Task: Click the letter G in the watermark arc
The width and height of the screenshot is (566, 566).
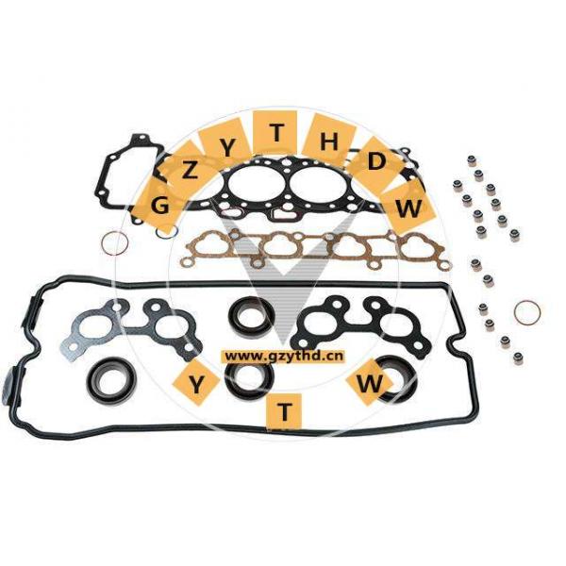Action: [x=159, y=205]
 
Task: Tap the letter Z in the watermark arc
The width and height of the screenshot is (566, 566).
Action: [x=191, y=171]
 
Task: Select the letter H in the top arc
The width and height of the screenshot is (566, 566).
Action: [x=328, y=141]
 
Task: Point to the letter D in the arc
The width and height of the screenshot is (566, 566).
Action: [x=376, y=161]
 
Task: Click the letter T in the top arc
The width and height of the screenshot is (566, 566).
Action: [x=276, y=132]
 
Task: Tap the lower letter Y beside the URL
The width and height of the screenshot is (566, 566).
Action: [x=197, y=384]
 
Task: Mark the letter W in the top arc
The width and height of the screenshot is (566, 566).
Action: [x=408, y=208]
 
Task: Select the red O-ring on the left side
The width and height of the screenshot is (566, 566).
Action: [x=114, y=244]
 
